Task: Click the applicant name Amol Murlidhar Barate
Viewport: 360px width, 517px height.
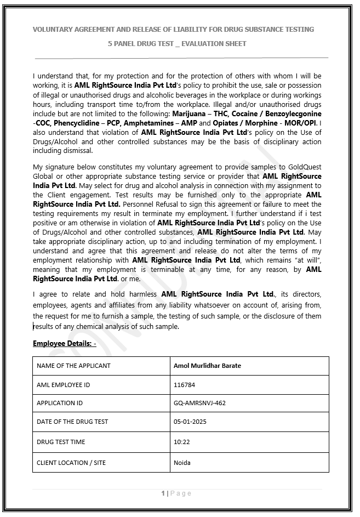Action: tap(207, 366)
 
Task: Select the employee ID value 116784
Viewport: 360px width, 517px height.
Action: tap(184, 385)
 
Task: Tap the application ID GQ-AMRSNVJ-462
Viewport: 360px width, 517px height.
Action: tap(199, 403)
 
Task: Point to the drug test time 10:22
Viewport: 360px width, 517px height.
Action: tap(181, 442)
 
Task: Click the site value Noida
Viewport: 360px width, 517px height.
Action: tap(182, 463)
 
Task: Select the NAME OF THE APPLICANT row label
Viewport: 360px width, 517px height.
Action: tap(73, 366)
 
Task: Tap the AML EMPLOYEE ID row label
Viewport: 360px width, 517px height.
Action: tap(63, 385)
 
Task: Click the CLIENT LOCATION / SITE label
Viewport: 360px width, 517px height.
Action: tap(71, 463)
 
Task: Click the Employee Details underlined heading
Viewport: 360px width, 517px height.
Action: tap(64, 344)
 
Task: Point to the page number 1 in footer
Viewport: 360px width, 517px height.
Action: tap(163, 493)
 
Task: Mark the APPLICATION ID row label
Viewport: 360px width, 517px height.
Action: tap(60, 403)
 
